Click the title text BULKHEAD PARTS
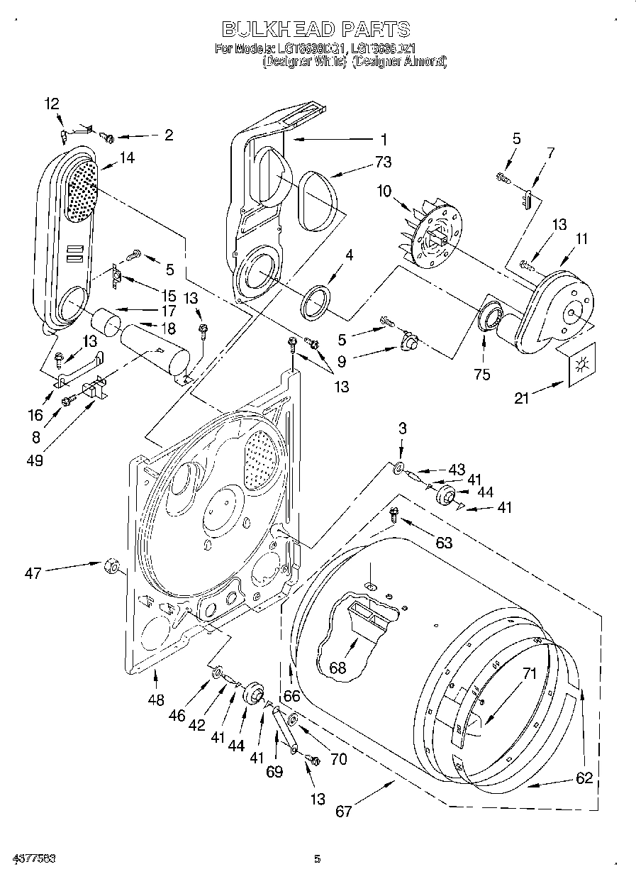(316, 29)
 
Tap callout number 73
(383, 162)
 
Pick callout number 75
(481, 375)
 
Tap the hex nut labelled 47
(111, 565)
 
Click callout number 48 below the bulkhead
(156, 700)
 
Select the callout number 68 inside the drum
(339, 667)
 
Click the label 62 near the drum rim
(584, 778)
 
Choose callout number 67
(343, 811)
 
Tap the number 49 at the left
(34, 460)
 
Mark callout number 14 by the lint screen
(127, 159)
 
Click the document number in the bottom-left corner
(34, 859)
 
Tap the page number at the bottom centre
(318, 859)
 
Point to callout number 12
(52, 104)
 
